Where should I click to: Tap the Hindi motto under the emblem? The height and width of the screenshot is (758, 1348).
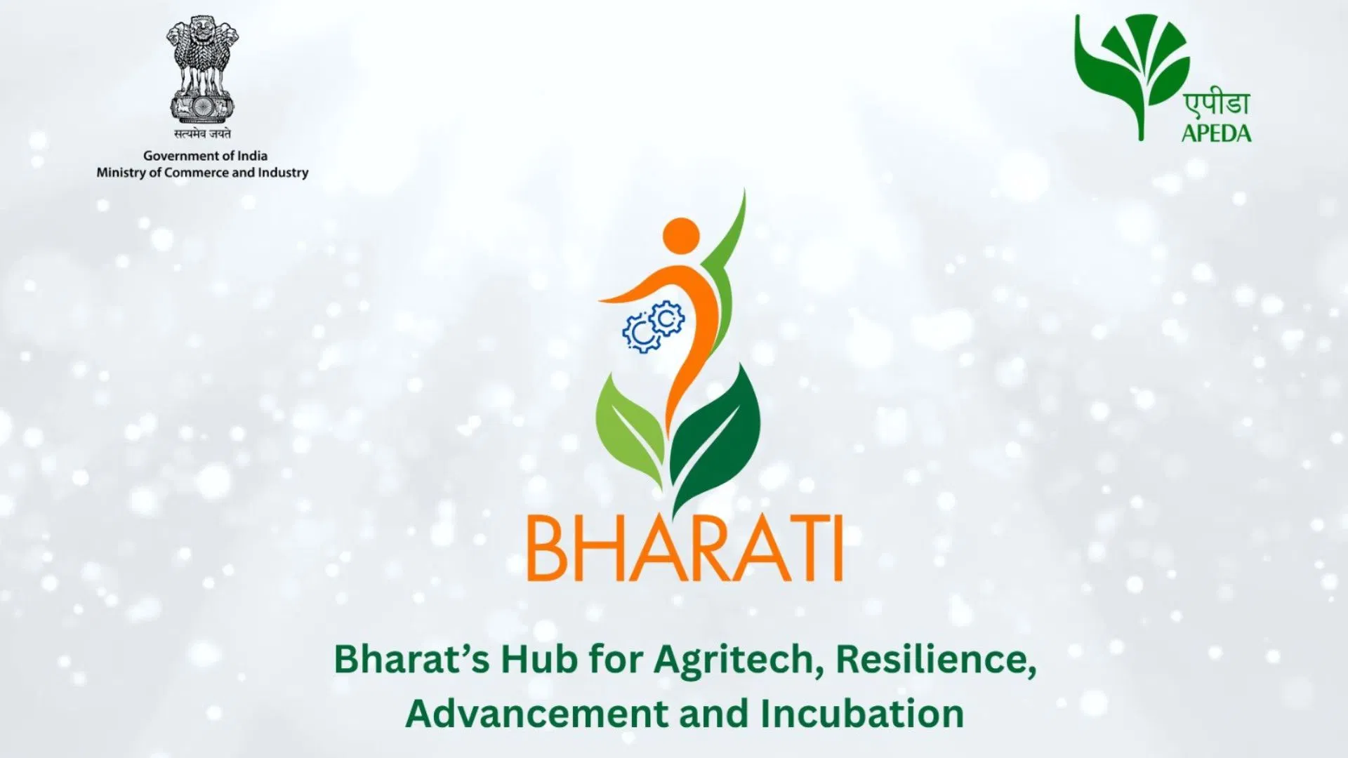[x=202, y=133]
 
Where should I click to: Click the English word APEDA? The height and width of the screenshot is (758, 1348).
[x=1216, y=133]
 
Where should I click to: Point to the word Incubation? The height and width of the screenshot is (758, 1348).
[x=862, y=713]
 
